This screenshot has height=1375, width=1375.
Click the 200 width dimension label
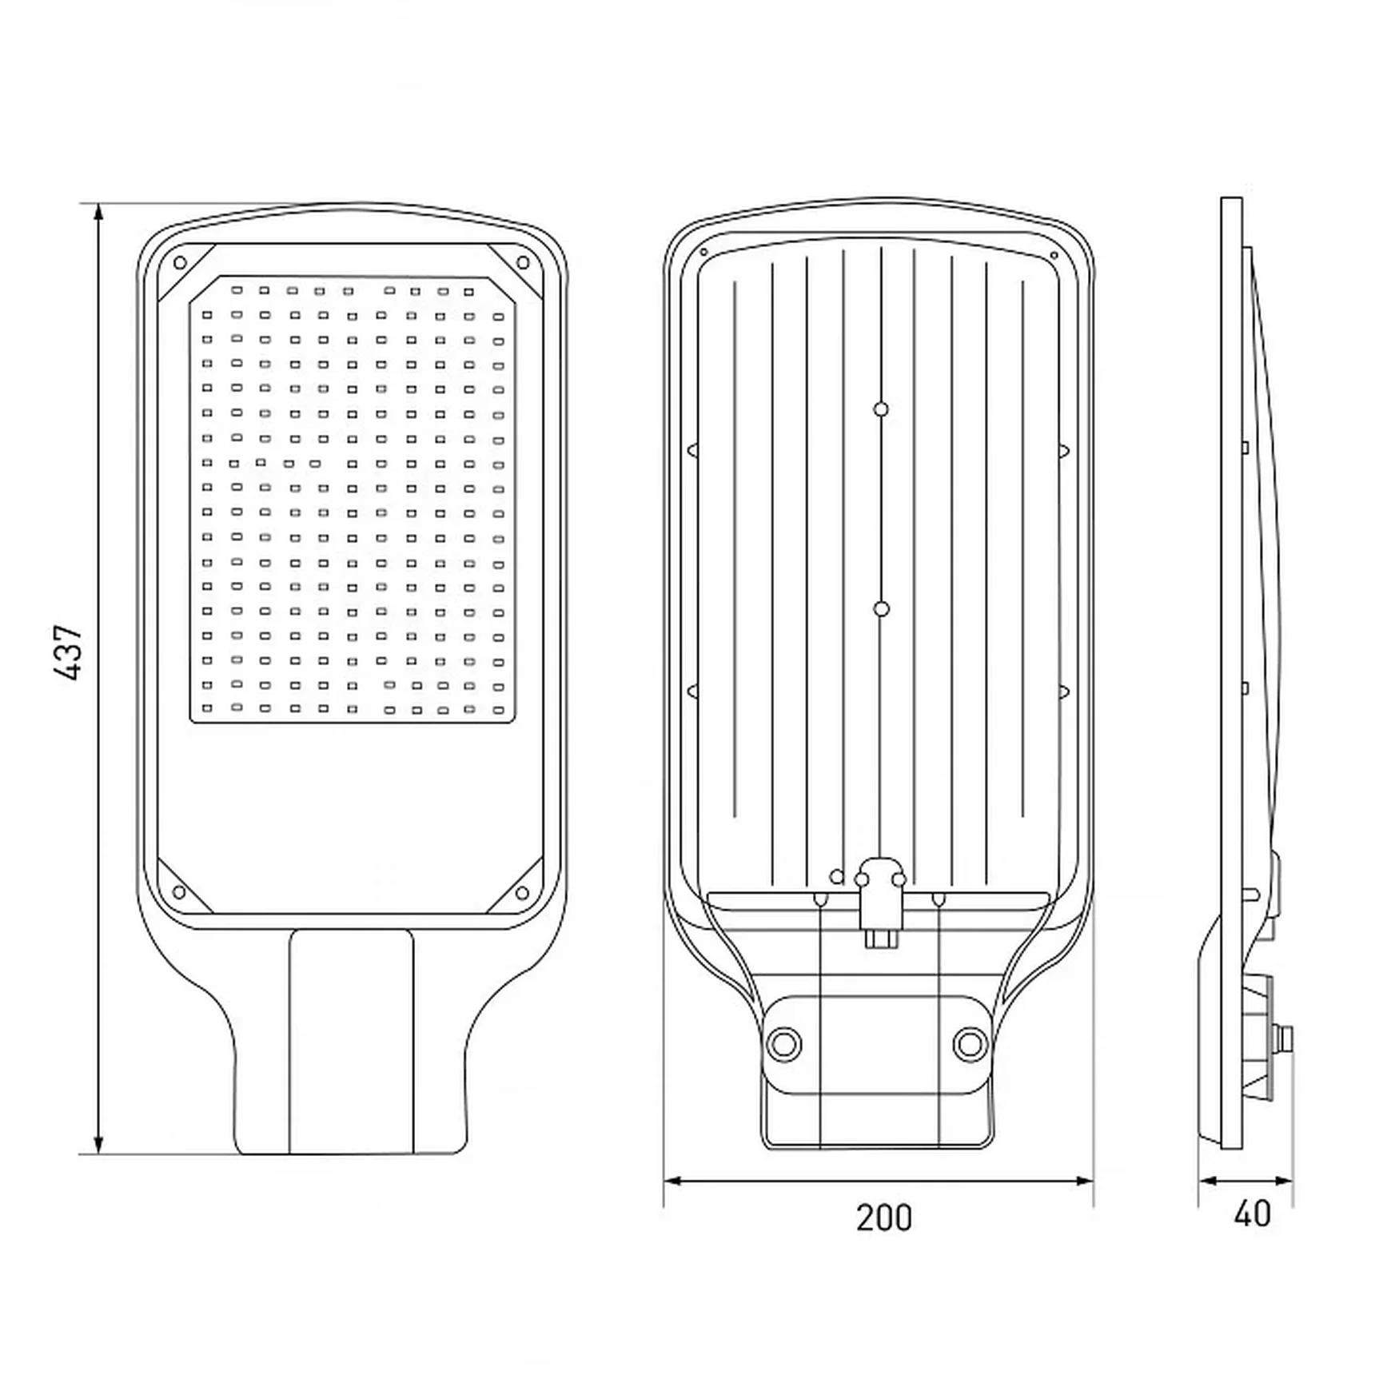pyautogui.click(x=883, y=1218)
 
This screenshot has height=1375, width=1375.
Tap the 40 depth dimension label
pyautogui.click(x=1252, y=1214)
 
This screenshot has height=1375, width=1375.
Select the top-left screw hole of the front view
pyautogui.click(x=180, y=262)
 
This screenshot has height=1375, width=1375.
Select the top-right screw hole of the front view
pyautogui.click(x=523, y=262)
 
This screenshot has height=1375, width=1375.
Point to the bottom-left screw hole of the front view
pyautogui.click(x=180, y=892)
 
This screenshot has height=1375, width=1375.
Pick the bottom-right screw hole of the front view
pyautogui.click(x=523, y=892)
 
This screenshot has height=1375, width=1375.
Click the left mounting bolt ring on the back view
pyautogui.click(x=783, y=1043)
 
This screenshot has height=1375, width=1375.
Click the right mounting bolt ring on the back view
pyautogui.click(x=970, y=1043)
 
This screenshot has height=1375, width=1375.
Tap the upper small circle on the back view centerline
pyautogui.click(x=881, y=409)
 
